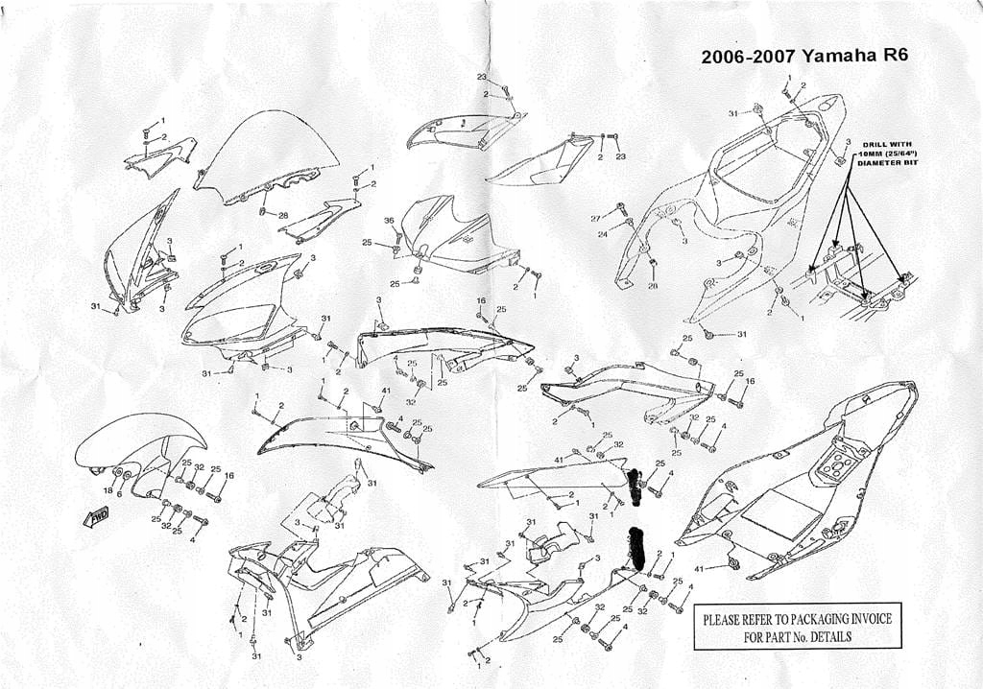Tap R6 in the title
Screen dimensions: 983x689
click(892, 56)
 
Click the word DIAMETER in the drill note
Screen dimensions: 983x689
click(875, 162)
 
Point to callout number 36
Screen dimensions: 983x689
click(389, 221)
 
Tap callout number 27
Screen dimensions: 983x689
click(596, 219)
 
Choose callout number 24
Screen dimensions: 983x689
click(602, 233)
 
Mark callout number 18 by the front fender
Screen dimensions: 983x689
click(108, 490)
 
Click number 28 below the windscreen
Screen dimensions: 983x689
click(283, 215)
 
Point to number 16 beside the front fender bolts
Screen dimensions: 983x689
click(228, 475)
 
